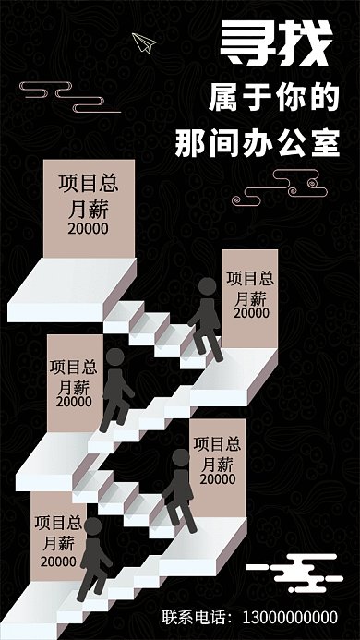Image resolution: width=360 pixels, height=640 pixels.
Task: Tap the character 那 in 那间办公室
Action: coord(192,143)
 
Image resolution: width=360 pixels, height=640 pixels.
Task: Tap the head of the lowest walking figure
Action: coord(92,525)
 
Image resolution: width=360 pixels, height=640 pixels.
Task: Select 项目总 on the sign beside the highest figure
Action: coord(250,277)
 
